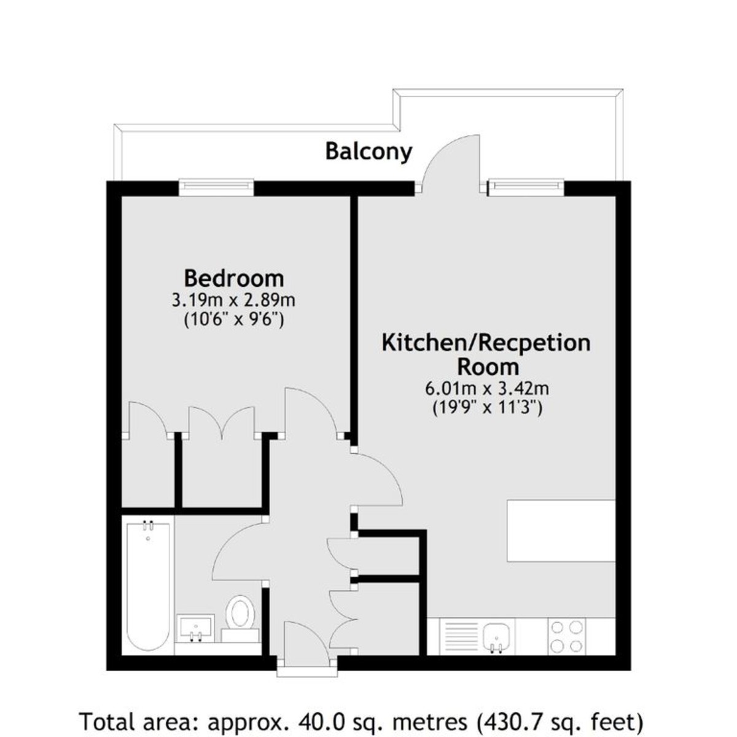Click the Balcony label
[x=368, y=150]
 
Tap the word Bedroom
[x=234, y=278]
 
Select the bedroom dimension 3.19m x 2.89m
[x=233, y=301]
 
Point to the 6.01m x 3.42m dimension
[x=486, y=388]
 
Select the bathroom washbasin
[x=195, y=627]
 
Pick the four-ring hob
[x=567, y=636]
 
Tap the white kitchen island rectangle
[x=561, y=531]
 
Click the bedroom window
[x=216, y=185]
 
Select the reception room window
[x=526, y=185]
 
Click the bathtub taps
[x=148, y=526]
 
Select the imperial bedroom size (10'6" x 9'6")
[x=233, y=320]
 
